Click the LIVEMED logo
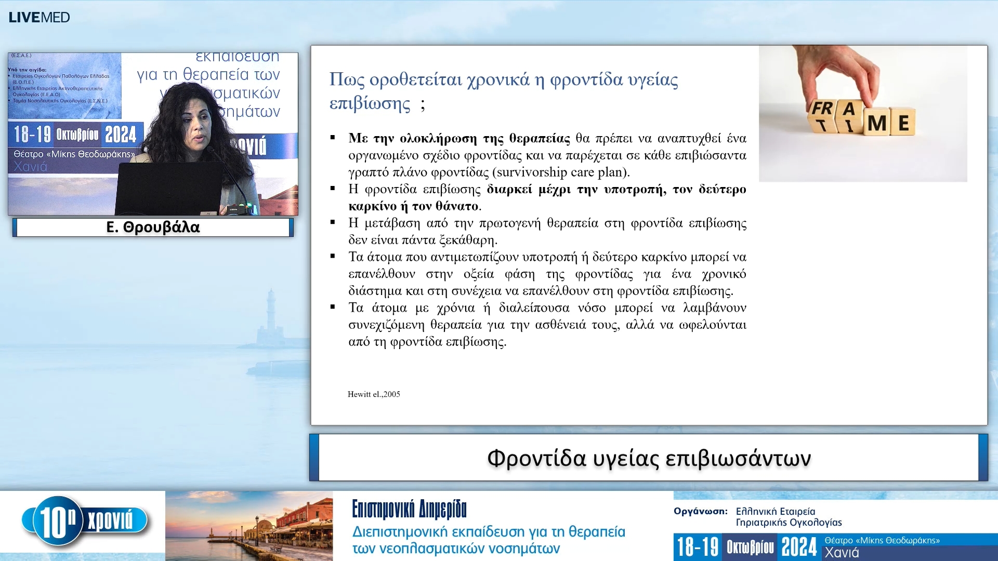(x=39, y=17)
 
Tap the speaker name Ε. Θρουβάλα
(x=153, y=228)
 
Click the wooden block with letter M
(x=877, y=123)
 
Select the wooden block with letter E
(x=903, y=123)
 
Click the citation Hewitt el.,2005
(x=374, y=394)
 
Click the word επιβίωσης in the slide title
(x=370, y=103)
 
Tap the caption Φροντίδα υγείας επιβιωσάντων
(x=649, y=458)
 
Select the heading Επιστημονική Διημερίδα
(x=409, y=510)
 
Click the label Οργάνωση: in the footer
(x=700, y=511)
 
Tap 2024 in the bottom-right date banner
(x=799, y=547)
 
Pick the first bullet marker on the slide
(x=333, y=138)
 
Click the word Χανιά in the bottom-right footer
(x=842, y=553)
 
